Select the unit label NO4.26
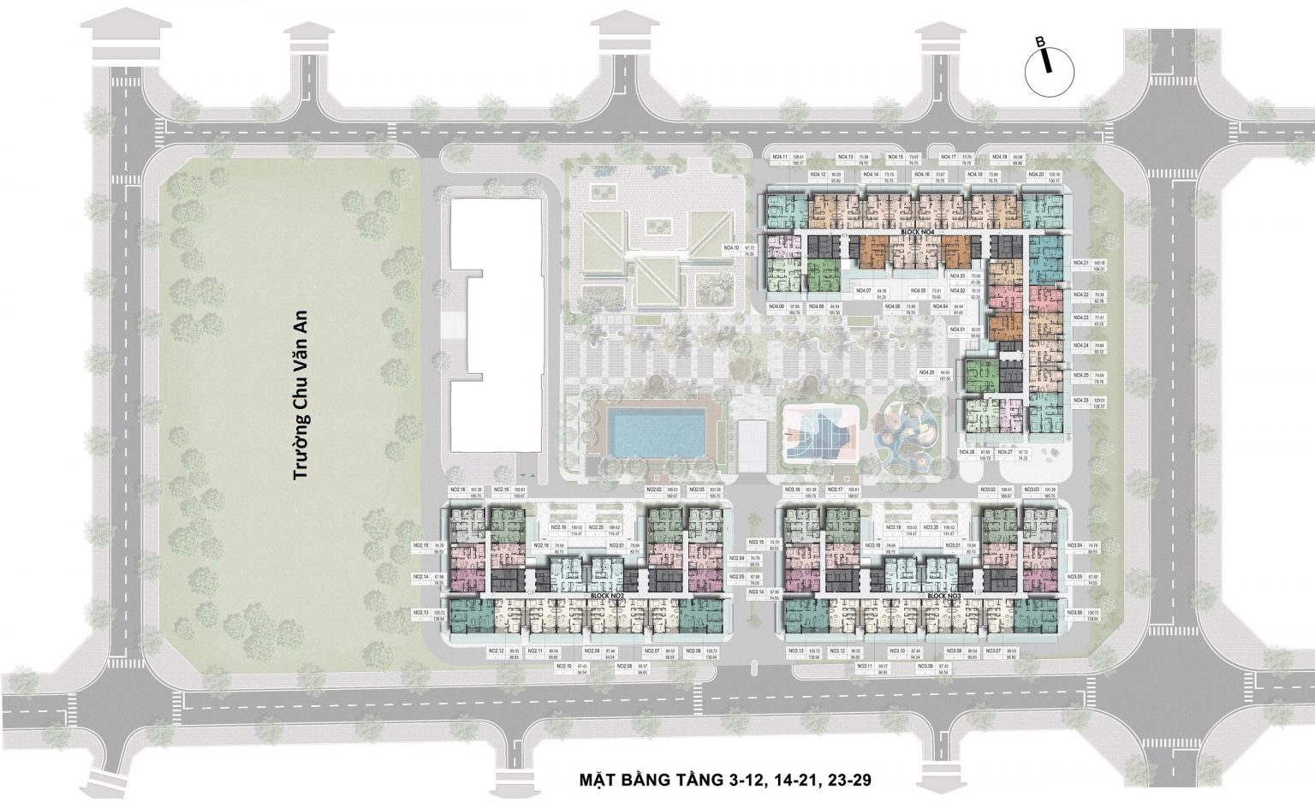pyautogui.click(x=1080, y=400)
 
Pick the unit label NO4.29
pyautogui.click(x=925, y=373)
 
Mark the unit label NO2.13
pyautogui.click(x=420, y=613)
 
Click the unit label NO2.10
pyautogui.click(x=562, y=666)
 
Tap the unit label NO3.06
pyautogui.click(x=1074, y=613)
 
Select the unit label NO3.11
pyautogui.click(x=864, y=666)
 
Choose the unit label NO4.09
pyautogui.click(x=777, y=307)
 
